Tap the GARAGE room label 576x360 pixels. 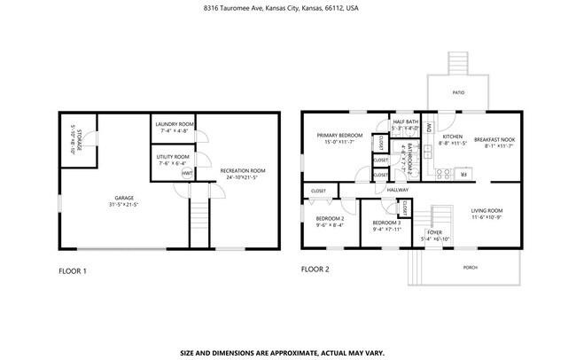pyautogui.click(x=124, y=200)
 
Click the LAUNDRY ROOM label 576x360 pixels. pyautogui.click(x=174, y=127)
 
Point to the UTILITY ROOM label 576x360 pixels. pyautogui.click(x=173, y=160)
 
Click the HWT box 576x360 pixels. pyautogui.click(x=187, y=174)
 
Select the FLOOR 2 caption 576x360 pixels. pyautogui.click(x=315, y=270)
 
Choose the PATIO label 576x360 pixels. pyautogui.click(x=457, y=92)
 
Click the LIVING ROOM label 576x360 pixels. pyautogui.click(x=486, y=214)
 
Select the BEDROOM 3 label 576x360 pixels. pyautogui.click(x=386, y=225)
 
